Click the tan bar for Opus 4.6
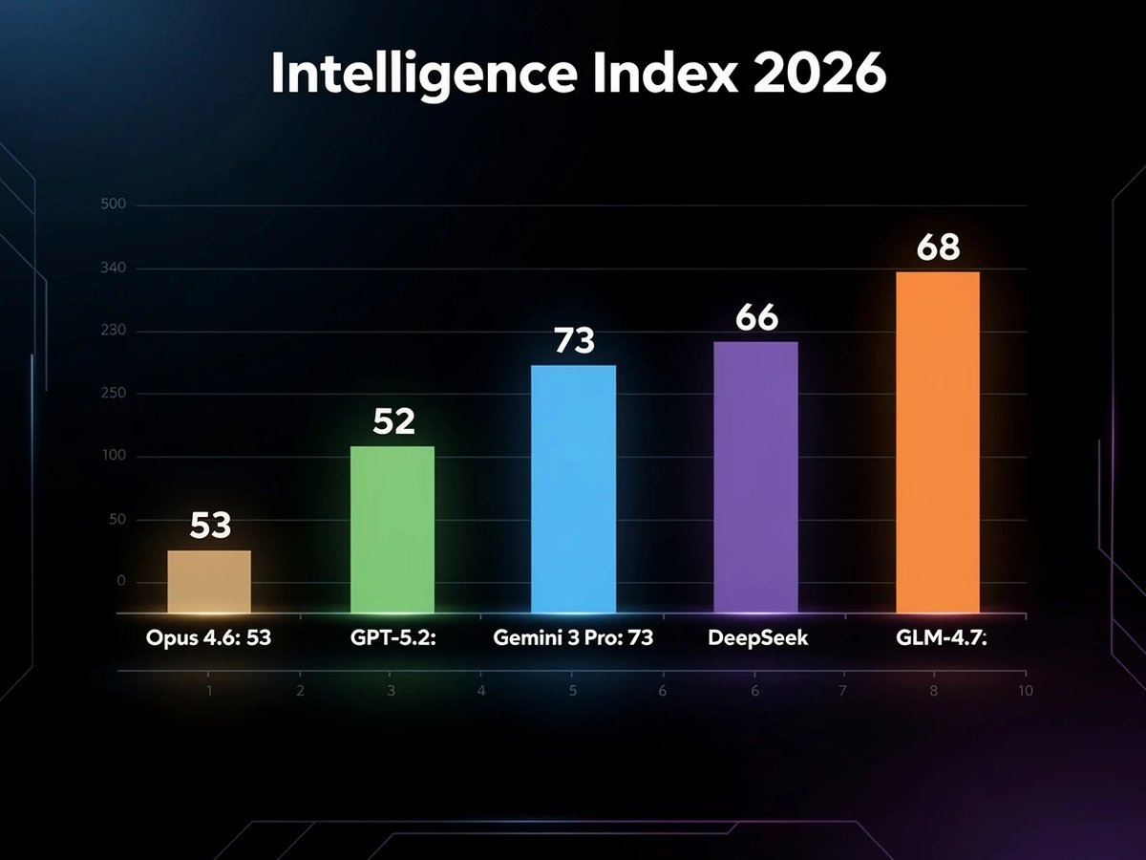pyautogui.click(x=209, y=581)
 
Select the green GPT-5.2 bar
pyautogui.click(x=393, y=529)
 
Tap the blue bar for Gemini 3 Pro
pyautogui.click(x=573, y=488)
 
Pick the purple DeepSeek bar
pyautogui.click(x=756, y=477)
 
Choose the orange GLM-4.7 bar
pyautogui.click(x=938, y=441)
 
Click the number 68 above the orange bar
pyautogui.click(x=938, y=248)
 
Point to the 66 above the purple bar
pyautogui.click(x=756, y=318)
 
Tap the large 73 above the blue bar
pyautogui.click(x=574, y=341)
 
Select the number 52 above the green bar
pyautogui.click(x=393, y=422)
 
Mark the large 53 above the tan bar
pyautogui.click(x=210, y=527)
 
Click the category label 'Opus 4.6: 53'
pyautogui.click(x=208, y=638)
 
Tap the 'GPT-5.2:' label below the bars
pyautogui.click(x=393, y=638)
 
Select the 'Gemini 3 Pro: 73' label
pyautogui.click(x=573, y=638)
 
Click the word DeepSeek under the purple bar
pyautogui.click(x=758, y=638)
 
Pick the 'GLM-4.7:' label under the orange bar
pyautogui.click(x=940, y=638)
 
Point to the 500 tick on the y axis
pyautogui.click(x=114, y=205)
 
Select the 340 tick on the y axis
pyautogui.click(x=114, y=269)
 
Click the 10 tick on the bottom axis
pyautogui.click(x=1024, y=691)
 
